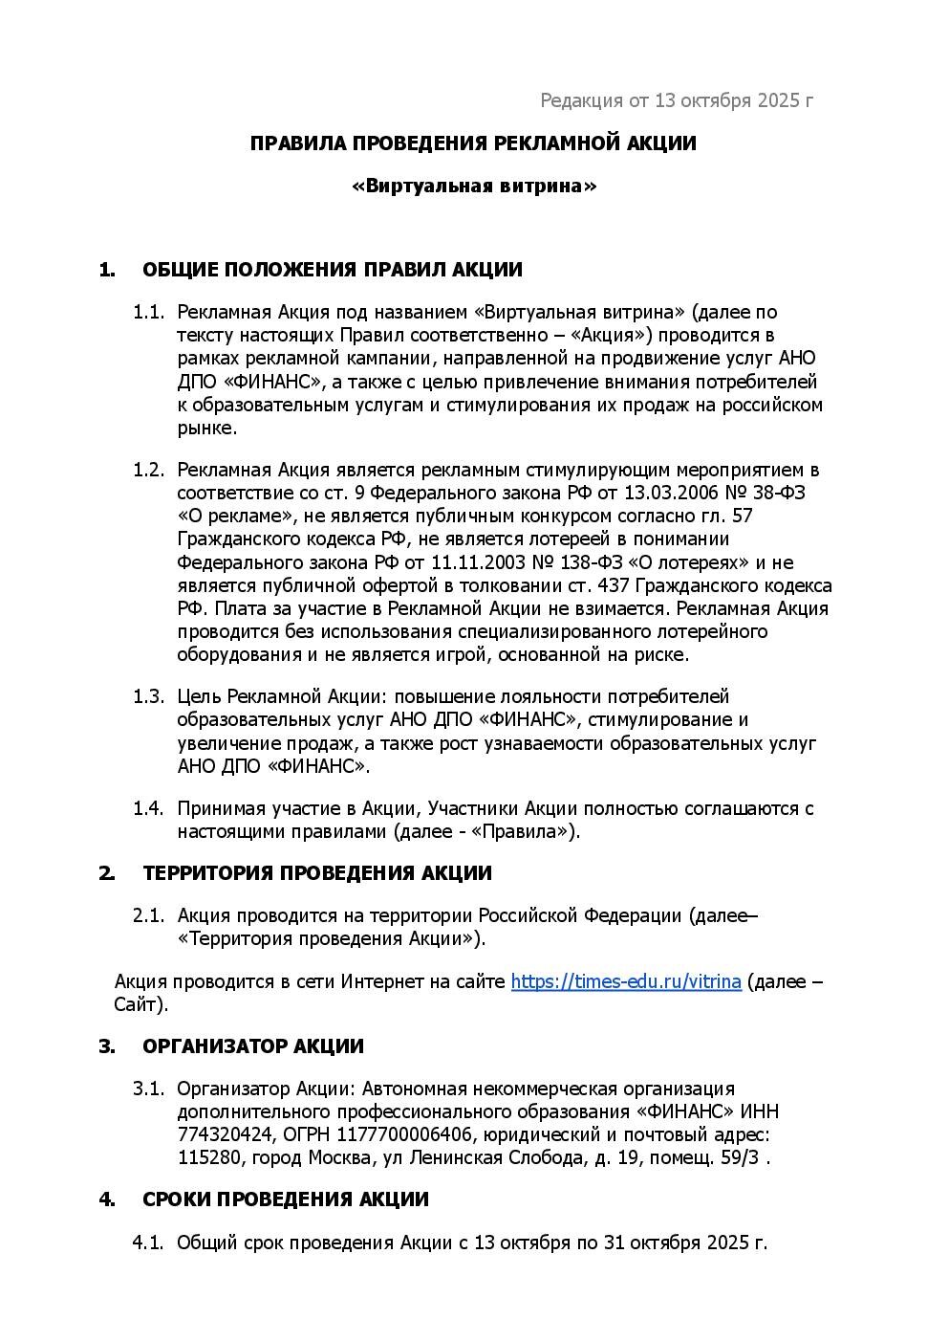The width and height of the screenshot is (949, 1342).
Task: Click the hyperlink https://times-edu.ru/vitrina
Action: click(x=626, y=981)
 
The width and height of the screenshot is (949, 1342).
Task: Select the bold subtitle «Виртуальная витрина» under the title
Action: click(x=474, y=186)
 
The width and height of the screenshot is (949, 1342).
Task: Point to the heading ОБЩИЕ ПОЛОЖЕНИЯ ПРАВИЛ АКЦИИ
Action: click(x=332, y=270)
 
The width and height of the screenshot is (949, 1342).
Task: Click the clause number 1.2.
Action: click(x=148, y=470)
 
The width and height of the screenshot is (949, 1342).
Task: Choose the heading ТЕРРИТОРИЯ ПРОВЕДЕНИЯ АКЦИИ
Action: click(x=316, y=873)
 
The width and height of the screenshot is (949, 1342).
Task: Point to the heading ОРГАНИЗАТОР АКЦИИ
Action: click(x=252, y=1046)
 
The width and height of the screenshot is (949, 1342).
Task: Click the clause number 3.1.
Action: click(x=148, y=1089)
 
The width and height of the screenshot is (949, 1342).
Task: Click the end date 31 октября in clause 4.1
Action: click(x=639, y=1243)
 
